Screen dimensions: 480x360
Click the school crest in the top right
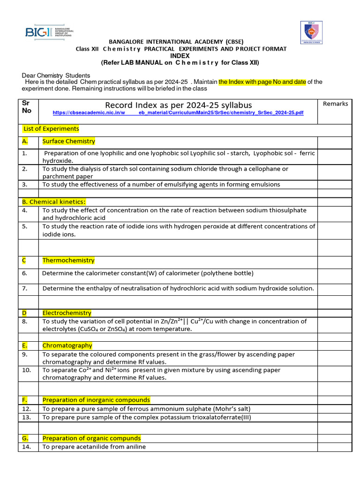click(311, 35)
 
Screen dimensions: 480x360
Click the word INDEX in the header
click(180, 55)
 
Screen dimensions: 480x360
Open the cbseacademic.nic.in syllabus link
click(178, 113)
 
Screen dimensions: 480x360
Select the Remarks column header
click(335, 104)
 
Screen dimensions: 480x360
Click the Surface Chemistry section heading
click(68, 141)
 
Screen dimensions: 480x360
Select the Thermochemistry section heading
click(68, 260)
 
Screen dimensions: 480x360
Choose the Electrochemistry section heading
click(67, 313)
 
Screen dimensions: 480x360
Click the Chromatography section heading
click(67, 345)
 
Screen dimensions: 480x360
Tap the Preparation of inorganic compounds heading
click(96, 400)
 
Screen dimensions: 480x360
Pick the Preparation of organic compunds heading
click(91, 438)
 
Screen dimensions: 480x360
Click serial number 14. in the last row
click(26, 447)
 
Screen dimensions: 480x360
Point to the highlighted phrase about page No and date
click(262, 82)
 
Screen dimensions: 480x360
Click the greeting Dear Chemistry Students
click(56, 75)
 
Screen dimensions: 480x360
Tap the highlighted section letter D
click(24, 313)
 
